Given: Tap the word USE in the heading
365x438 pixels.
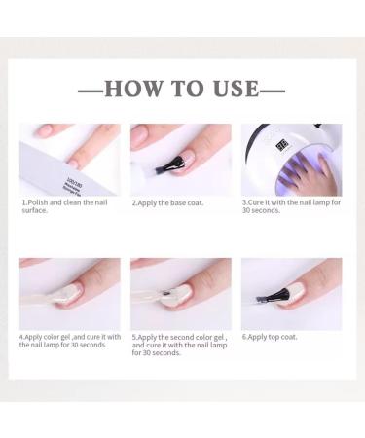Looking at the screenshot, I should [234, 89].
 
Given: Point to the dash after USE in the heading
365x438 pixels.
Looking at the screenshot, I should [274, 90].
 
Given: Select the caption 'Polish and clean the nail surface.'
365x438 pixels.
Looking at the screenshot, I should [58, 206].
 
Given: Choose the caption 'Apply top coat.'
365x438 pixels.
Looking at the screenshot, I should [274, 337].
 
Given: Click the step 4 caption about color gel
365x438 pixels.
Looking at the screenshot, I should [68, 341].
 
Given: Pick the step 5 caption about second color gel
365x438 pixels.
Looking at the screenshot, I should [179, 345].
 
